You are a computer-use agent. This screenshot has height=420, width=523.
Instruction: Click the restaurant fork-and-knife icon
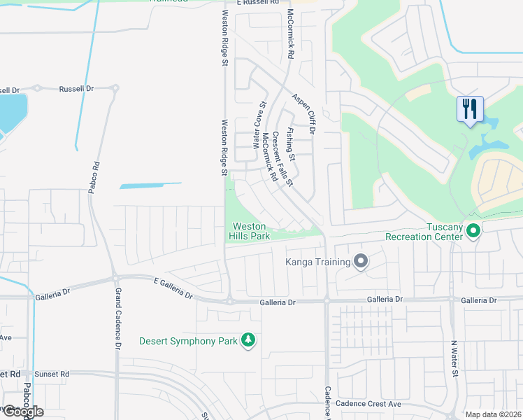click(470, 108)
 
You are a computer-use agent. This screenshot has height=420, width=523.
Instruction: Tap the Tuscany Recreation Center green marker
click(473, 230)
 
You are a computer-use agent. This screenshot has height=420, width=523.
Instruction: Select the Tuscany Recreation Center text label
click(424, 232)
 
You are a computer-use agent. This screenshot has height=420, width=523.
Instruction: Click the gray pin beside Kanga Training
click(361, 262)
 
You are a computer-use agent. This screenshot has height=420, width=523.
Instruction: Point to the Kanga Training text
click(317, 262)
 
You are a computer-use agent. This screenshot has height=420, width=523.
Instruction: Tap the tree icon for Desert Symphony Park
click(248, 340)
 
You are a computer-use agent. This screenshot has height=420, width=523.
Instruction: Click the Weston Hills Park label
click(250, 232)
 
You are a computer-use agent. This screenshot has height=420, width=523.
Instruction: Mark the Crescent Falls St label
click(282, 158)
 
